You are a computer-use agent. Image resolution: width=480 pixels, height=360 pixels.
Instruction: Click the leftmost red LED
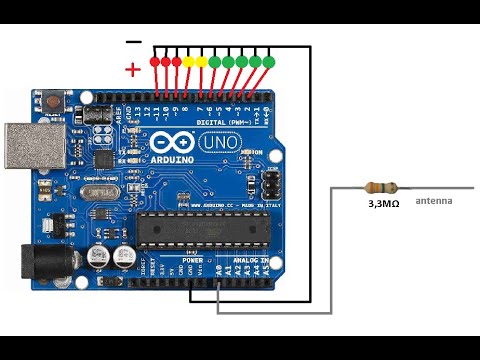click(x=154, y=61)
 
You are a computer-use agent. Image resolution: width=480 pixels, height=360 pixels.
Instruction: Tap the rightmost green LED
click(x=268, y=61)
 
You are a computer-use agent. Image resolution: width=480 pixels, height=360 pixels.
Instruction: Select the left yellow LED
click(x=188, y=61)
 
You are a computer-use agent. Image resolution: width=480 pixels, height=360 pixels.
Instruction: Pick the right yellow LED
click(x=201, y=61)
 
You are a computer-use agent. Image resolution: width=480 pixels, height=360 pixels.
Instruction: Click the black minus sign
click(x=134, y=41)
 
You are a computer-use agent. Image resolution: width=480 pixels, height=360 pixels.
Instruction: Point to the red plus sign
click(x=133, y=69)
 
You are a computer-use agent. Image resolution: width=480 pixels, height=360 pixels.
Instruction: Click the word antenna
click(x=434, y=201)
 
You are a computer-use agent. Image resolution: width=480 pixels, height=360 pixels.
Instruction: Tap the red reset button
click(x=49, y=101)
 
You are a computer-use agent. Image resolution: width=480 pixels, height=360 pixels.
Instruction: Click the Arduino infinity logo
click(x=166, y=144)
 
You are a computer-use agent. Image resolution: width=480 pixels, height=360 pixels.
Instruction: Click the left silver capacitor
click(x=98, y=256)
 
